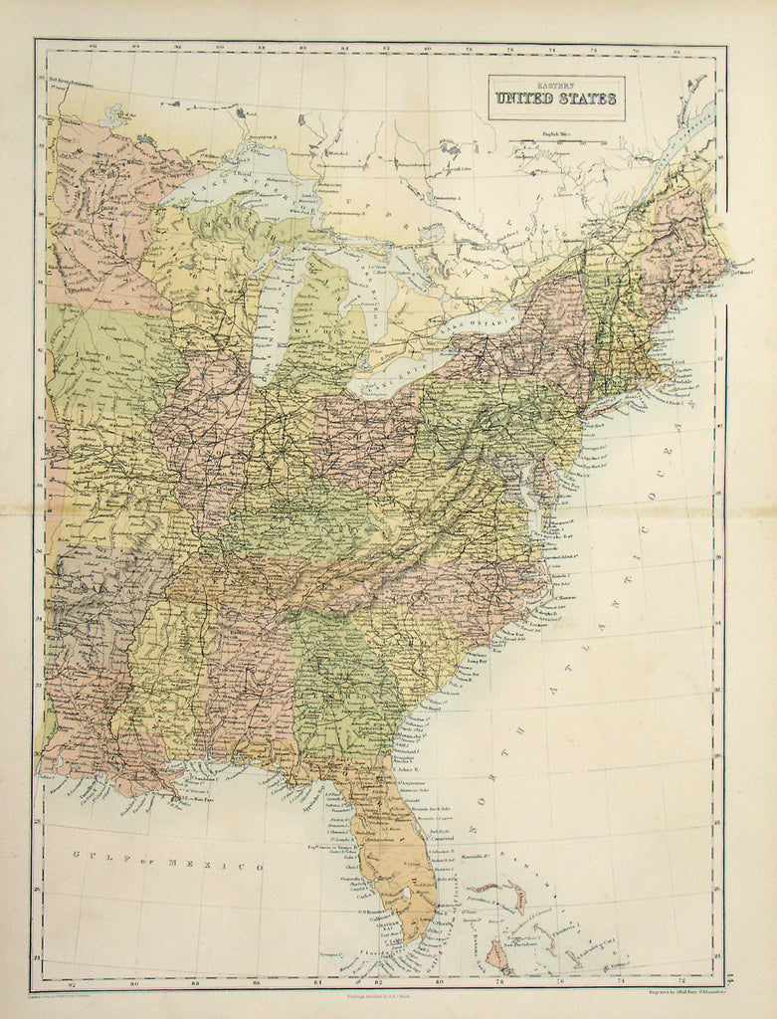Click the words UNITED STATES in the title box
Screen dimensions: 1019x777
pyautogui.click(x=556, y=100)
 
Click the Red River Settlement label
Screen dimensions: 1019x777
pyautogui.click(x=65, y=85)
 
